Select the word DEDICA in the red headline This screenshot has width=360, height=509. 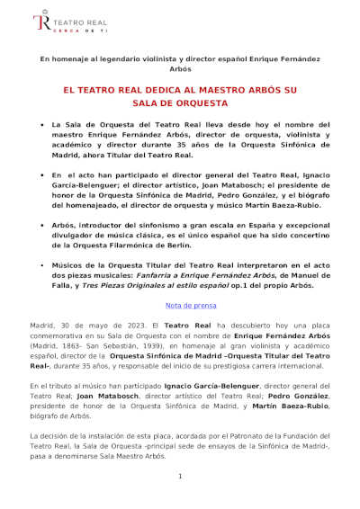[157, 91]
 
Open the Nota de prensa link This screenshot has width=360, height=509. [180, 306]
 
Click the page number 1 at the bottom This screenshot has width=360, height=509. [180, 476]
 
